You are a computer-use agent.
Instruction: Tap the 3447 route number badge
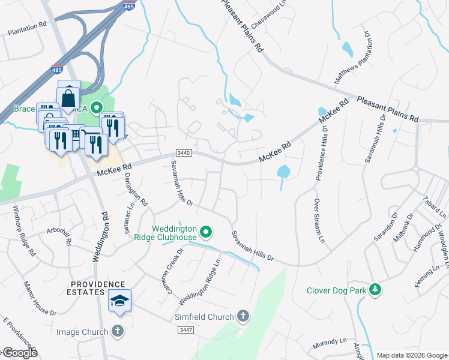185,330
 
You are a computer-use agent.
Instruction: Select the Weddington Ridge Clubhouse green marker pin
206,231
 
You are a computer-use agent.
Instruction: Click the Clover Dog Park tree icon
376,290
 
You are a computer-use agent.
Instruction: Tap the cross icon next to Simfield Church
243,316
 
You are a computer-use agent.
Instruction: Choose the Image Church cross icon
118,331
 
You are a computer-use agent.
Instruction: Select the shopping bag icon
69,96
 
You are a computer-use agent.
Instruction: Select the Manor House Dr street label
40,298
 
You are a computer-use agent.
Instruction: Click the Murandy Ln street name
330,344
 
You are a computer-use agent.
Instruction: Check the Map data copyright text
411,355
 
